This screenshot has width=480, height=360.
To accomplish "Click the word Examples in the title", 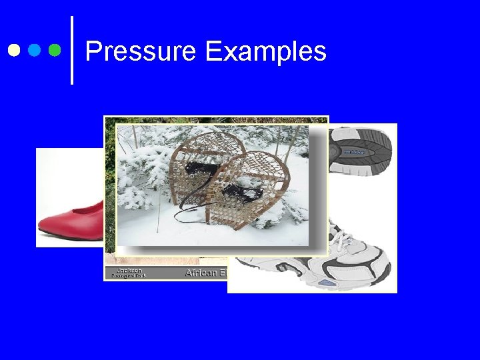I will [266, 52].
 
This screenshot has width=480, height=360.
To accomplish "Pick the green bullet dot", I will [55, 50].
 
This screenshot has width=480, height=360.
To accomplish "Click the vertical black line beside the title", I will [71, 51].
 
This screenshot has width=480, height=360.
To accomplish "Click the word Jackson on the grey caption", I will [129, 270].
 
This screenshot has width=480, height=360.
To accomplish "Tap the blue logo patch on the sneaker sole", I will [354, 153].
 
